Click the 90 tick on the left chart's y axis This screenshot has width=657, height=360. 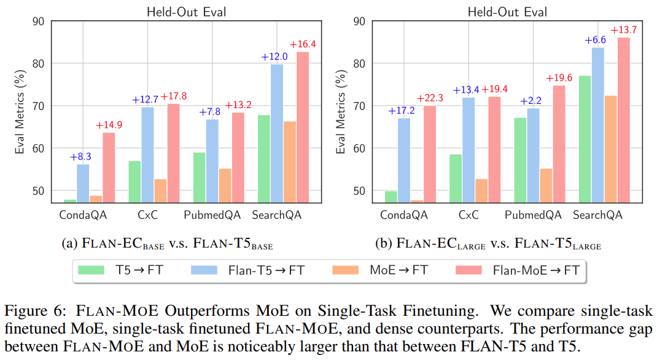point(39,22)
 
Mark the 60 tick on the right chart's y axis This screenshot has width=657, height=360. point(360,148)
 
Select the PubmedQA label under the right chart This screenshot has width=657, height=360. point(533,215)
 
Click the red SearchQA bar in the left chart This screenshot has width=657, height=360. point(303,127)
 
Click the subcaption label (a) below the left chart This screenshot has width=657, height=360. point(69,244)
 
